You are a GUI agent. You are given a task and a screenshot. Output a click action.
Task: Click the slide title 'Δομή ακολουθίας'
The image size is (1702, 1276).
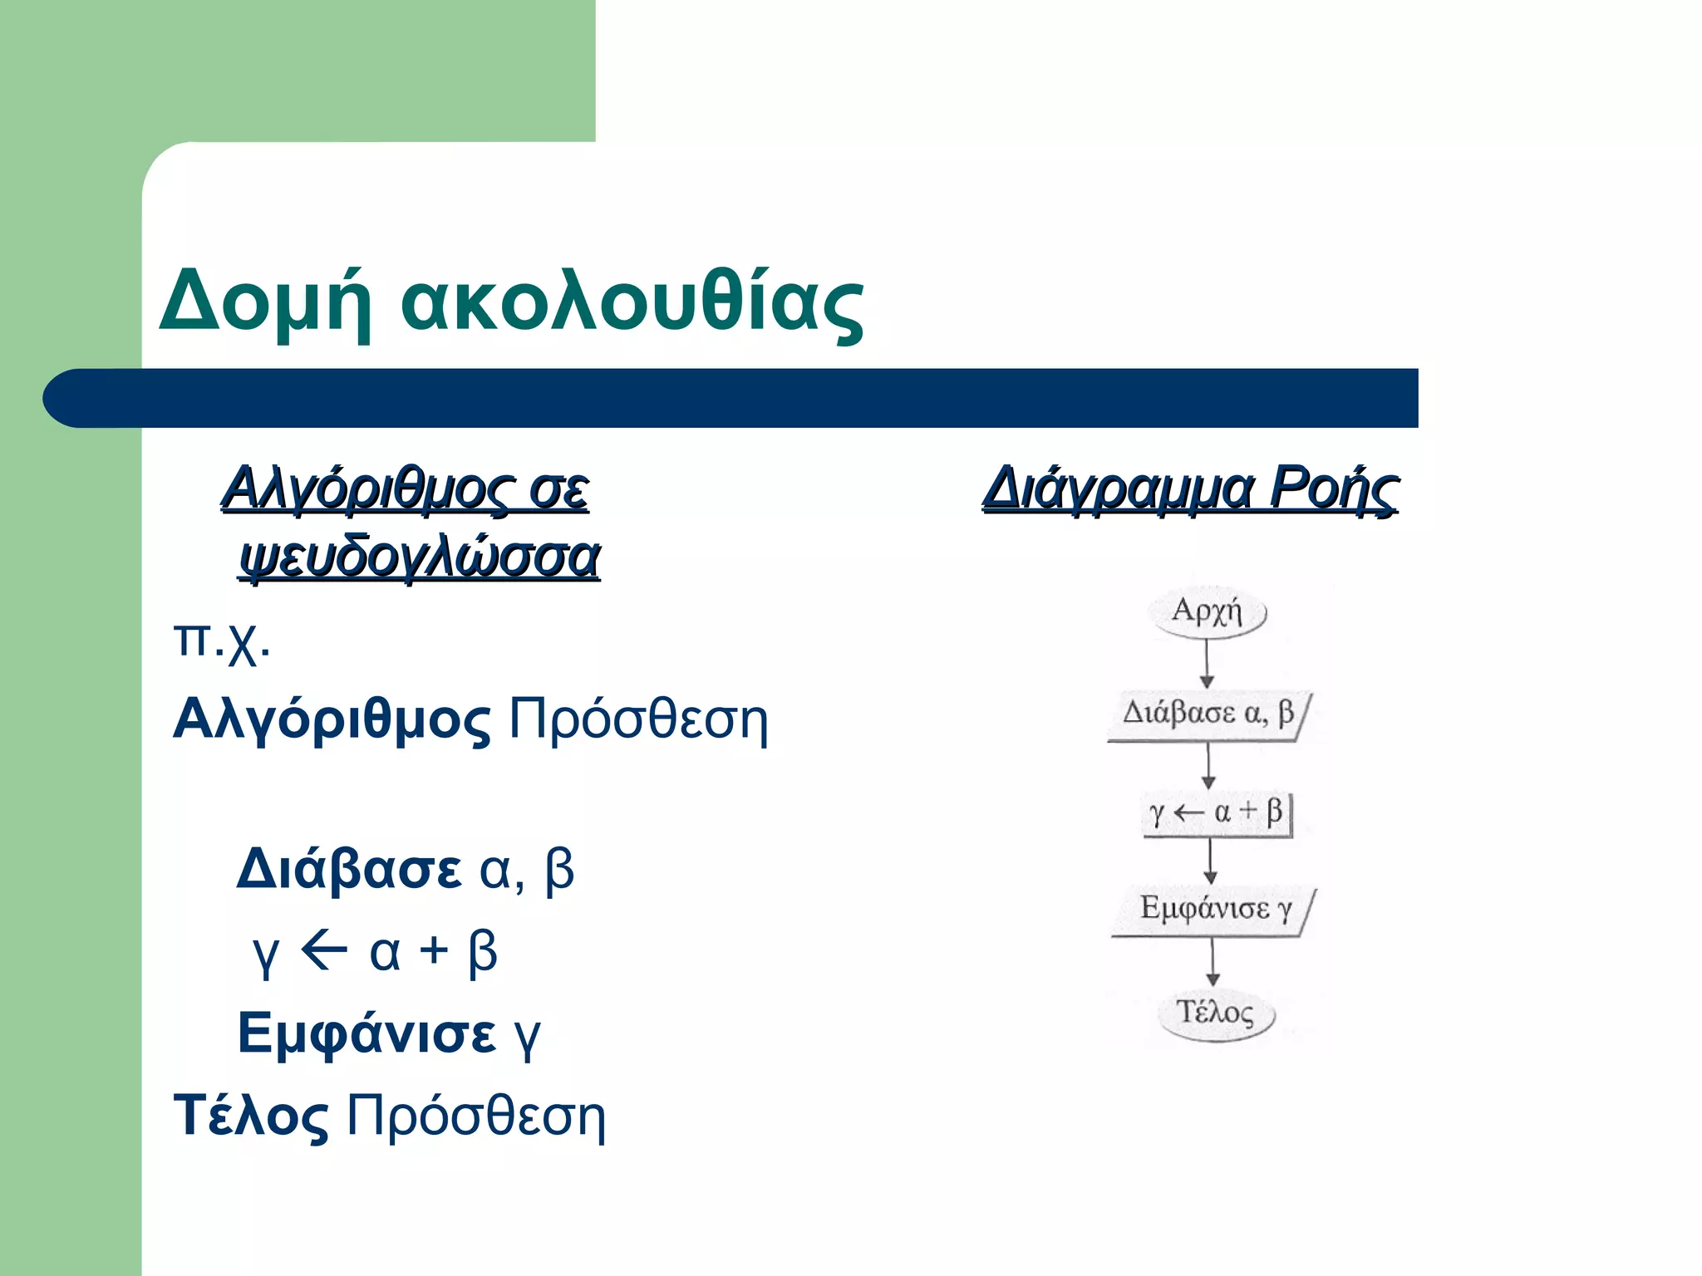(x=511, y=301)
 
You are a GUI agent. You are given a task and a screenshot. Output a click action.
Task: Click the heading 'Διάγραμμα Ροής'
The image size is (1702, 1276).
(x=1190, y=488)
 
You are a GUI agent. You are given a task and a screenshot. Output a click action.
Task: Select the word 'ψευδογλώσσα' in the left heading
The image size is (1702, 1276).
(x=420, y=557)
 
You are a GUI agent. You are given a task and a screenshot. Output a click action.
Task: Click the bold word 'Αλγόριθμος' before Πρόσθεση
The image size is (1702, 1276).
(x=332, y=719)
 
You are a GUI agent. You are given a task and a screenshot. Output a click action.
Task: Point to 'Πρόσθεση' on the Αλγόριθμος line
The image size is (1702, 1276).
(x=638, y=719)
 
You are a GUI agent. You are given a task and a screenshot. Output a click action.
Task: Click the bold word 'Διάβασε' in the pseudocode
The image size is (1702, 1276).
(x=348, y=870)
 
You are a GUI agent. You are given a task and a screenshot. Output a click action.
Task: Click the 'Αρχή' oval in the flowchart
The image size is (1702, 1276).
(x=1208, y=612)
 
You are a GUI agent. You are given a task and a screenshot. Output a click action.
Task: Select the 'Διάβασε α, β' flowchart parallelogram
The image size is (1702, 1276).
(x=1209, y=714)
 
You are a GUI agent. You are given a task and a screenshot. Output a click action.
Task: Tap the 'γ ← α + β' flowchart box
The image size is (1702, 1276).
(x=1217, y=812)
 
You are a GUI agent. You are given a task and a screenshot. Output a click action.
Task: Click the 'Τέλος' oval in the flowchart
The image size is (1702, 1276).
(x=1216, y=1013)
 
